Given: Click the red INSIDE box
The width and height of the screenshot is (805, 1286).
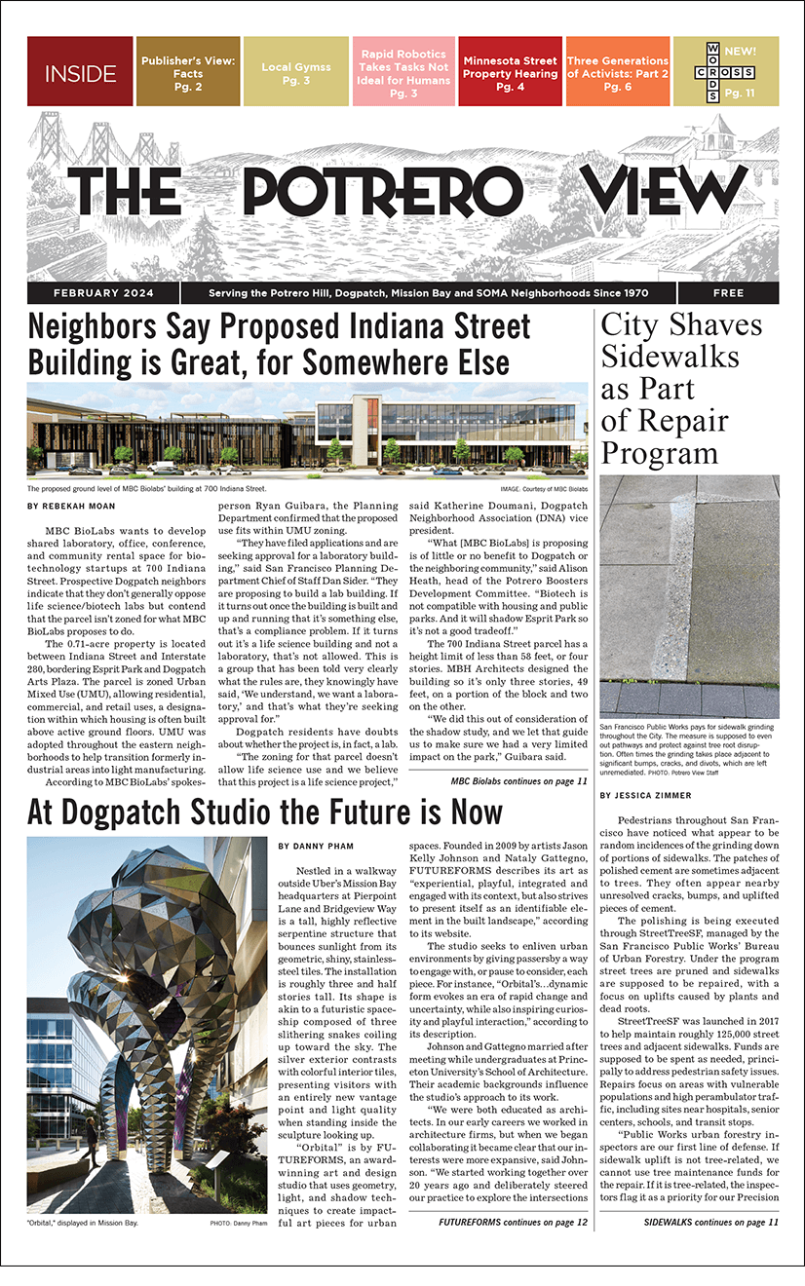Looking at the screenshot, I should point(80,72).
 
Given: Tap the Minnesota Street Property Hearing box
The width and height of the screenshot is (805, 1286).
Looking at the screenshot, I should point(510,72).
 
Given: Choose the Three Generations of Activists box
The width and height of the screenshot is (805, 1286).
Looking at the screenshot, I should point(618,72).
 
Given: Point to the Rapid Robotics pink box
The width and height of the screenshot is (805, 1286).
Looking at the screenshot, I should point(402,72).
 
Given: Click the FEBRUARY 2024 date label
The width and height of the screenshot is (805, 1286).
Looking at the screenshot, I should point(103,293).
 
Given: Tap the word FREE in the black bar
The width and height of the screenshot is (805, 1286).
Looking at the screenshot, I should point(728,293).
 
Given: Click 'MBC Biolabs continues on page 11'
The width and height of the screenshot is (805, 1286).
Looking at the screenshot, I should point(518,780).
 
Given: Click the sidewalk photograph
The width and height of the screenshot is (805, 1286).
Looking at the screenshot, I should point(689,596).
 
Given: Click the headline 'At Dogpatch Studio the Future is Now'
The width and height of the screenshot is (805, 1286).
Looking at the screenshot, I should point(265,812).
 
